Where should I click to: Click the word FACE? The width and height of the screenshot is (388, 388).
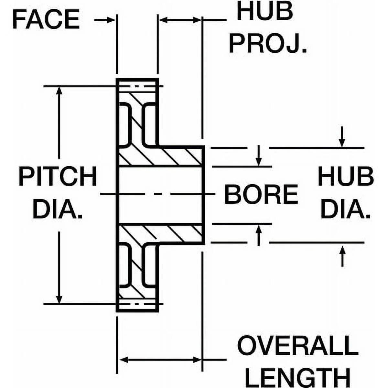point(46,19)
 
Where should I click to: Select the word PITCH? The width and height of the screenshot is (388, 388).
point(58,177)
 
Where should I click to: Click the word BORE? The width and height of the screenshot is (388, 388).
point(261,194)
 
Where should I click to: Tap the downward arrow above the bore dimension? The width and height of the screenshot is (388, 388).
point(258,162)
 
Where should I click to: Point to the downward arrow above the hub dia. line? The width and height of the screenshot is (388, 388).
point(342,143)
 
